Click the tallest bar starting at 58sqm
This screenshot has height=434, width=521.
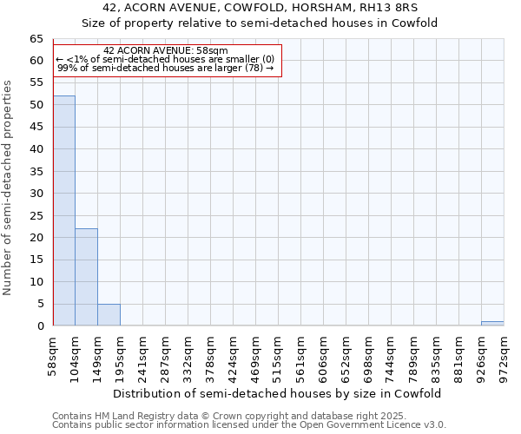pos(63,211)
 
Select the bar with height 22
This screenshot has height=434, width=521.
pos(86,277)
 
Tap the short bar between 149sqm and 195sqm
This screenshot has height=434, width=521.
pos(109,315)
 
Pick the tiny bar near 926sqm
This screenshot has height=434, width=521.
pos(491,324)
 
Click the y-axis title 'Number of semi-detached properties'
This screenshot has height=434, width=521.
pos(9,187)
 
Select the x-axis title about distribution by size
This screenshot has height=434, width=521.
pos(279,393)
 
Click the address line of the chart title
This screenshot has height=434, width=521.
pos(260,8)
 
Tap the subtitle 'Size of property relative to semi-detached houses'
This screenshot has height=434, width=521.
pos(260,23)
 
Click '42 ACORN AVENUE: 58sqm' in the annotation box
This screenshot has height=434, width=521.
pos(166,51)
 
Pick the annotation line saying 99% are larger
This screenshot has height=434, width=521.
pos(166,68)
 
